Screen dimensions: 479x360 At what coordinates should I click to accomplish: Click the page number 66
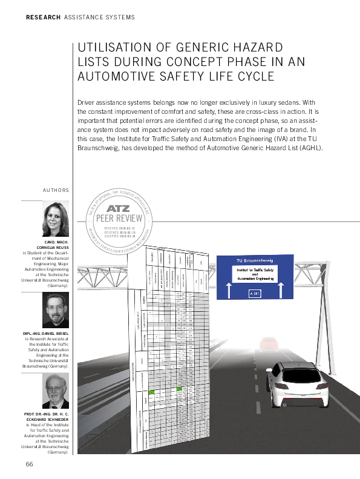click(29, 463)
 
